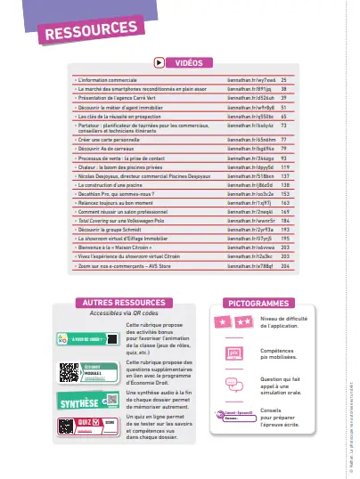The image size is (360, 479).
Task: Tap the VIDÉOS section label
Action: tap(188, 63)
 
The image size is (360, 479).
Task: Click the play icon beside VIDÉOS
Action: tap(159, 63)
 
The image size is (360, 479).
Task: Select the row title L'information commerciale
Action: tap(100, 80)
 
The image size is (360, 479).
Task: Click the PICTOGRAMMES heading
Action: tap(257, 303)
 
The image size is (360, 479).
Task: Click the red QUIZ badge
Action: tap(83, 423)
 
